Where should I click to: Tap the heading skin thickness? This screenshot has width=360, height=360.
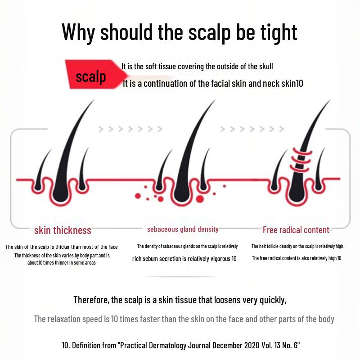[x=63, y=230]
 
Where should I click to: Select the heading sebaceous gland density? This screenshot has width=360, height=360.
[x=183, y=229]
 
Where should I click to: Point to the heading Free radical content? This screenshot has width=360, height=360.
[x=296, y=230]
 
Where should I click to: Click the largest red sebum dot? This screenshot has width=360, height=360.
[x=200, y=199]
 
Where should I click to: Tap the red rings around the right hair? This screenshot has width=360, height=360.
[x=301, y=160]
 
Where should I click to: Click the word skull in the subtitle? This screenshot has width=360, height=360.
[x=266, y=67]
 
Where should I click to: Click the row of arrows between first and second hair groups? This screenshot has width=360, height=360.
[x=130, y=129]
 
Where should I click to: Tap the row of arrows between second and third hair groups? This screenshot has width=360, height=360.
[x=252, y=129]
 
